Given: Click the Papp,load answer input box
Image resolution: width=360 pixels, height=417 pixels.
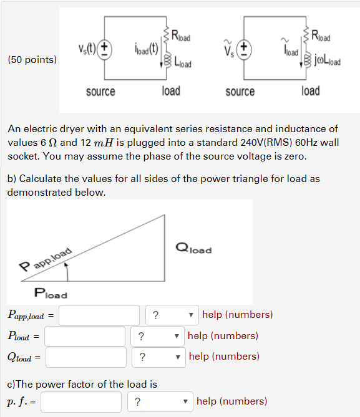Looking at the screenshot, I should [x=99, y=315].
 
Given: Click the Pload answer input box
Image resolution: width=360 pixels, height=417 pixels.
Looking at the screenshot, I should [x=85, y=336].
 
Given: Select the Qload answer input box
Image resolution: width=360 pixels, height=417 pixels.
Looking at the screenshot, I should [x=85, y=357].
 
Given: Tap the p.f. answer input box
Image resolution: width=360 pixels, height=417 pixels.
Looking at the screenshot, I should [x=81, y=401].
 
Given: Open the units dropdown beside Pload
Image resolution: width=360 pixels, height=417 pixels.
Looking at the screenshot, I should [x=157, y=336].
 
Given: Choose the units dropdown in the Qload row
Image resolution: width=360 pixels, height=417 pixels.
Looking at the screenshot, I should [x=158, y=357].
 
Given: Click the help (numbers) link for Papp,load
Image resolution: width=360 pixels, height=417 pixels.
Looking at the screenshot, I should [x=238, y=315].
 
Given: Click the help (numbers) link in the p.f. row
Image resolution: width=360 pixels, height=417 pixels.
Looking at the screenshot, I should [x=231, y=401].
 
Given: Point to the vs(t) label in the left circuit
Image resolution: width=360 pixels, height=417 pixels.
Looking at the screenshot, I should [x=86, y=49].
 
